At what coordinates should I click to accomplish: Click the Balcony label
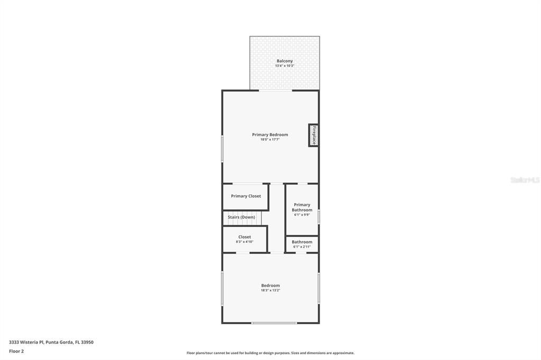tap(284, 61)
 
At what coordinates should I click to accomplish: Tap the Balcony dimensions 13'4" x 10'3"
tap(284, 66)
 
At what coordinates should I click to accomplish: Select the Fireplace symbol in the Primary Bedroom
tap(313, 135)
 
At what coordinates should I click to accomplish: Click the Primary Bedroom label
tap(270, 135)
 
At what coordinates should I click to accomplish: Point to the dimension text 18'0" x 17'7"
tap(270, 139)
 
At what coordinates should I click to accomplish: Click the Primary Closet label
tap(246, 196)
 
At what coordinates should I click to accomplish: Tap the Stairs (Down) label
tap(241, 217)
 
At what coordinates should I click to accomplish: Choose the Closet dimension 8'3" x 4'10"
tap(245, 242)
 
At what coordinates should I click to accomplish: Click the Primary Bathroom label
tap(302, 207)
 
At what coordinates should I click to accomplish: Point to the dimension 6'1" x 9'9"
tap(302, 215)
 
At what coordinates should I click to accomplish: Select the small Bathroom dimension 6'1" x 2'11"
tap(302, 247)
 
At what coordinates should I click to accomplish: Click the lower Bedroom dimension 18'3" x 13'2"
tap(270, 290)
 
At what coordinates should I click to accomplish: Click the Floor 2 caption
tap(16, 351)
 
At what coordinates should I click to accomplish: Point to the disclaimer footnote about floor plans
tap(270, 353)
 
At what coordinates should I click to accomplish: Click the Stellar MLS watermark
tap(525, 180)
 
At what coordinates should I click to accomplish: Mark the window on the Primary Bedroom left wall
tap(222, 149)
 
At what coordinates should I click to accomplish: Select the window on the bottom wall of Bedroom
tap(274, 323)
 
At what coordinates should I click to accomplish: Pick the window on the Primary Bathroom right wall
tap(319, 217)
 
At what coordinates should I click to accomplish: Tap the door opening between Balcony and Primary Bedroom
tap(275, 91)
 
